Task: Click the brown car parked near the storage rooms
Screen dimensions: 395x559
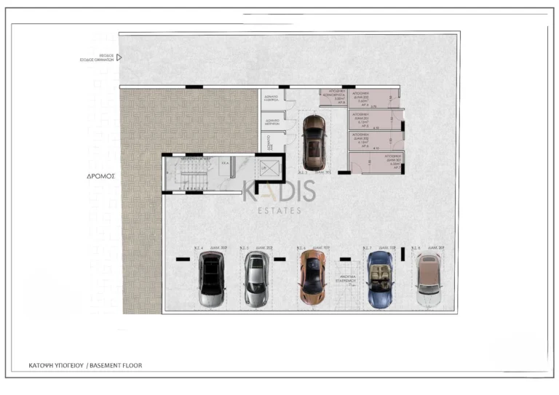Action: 314,142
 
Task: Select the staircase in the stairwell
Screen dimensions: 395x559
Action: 189,175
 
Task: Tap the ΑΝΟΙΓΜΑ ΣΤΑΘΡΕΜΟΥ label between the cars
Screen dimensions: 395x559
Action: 346,280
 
